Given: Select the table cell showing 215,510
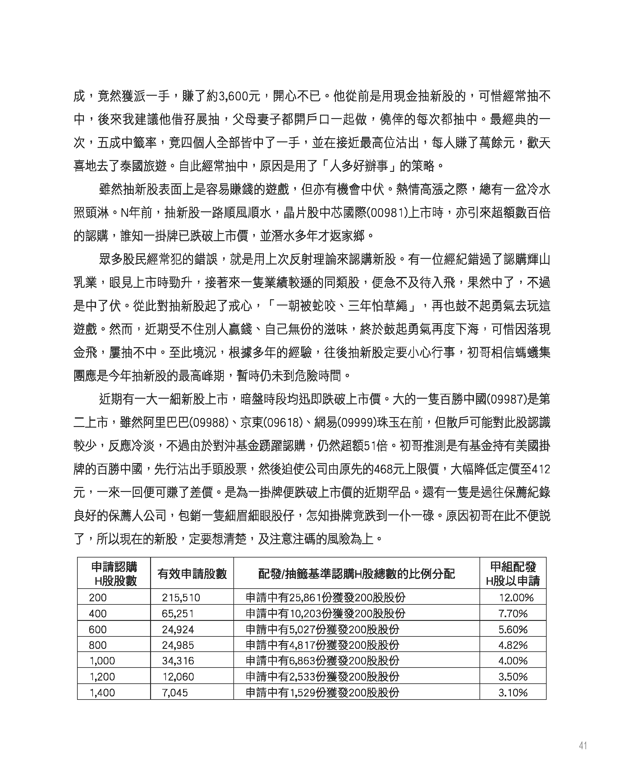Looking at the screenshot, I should pos(181,597).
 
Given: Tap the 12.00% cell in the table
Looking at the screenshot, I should pos(516,597).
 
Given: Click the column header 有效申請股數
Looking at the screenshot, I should pos(192,574).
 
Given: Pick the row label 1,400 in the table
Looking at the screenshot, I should pos(102,692).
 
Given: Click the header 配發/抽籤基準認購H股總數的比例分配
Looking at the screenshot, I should pos(356,574).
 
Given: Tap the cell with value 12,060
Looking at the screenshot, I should pos(178,677).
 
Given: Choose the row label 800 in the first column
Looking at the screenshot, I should pos(98,645).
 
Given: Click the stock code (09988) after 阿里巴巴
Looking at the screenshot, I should pos(209,423).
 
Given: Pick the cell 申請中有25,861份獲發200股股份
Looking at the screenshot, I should pos(325,597).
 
